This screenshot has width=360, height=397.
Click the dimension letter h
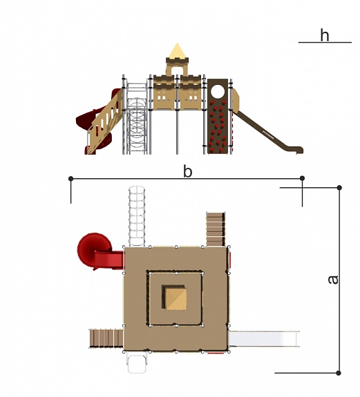(x=325, y=35)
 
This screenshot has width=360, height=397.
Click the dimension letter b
(x=187, y=171)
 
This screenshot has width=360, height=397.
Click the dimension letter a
(x=333, y=279)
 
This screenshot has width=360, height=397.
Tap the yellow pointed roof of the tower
(x=177, y=50)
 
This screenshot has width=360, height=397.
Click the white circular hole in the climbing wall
(x=218, y=91)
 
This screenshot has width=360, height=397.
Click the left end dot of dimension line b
(x=71, y=179)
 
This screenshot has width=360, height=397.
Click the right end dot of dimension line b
(x=302, y=178)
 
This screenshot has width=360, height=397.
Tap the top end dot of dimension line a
(x=339, y=188)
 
